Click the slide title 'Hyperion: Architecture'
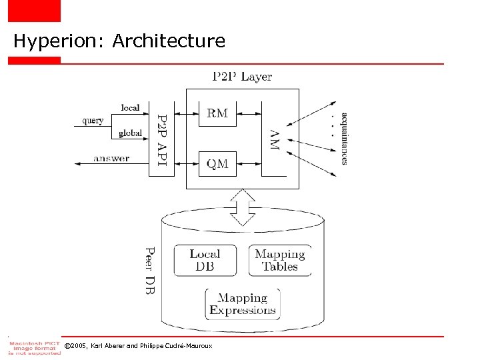(x=119, y=41)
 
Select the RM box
(x=217, y=113)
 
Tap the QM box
(x=217, y=163)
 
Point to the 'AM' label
(x=274, y=139)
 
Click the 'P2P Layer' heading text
(x=242, y=77)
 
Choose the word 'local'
(x=130, y=107)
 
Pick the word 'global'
(x=130, y=133)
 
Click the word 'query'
(x=93, y=121)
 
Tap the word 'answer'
(x=111, y=159)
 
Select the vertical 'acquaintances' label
(x=344, y=138)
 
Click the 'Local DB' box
(x=205, y=260)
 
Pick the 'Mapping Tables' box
(x=280, y=260)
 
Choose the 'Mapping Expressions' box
(x=242, y=304)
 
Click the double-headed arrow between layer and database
(x=243, y=207)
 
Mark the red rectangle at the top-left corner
(x=34, y=11)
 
